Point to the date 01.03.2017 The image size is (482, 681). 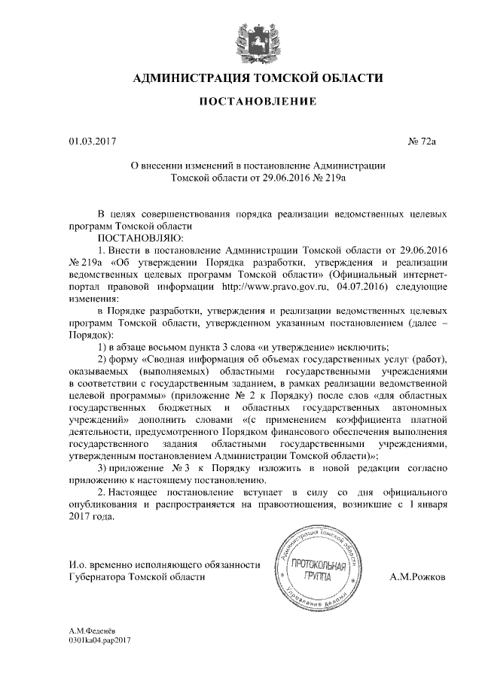[x=90, y=141]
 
